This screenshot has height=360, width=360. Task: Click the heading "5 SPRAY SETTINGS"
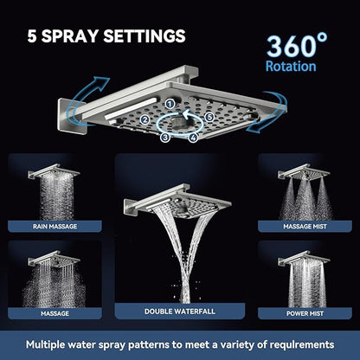pyautogui.click(x=106, y=36)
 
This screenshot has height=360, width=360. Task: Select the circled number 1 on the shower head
pyautogui.click(x=170, y=104)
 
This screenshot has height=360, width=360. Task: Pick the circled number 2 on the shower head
pyautogui.click(x=145, y=119)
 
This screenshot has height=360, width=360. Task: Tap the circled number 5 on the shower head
pyautogui.click(x=208, y=118)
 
